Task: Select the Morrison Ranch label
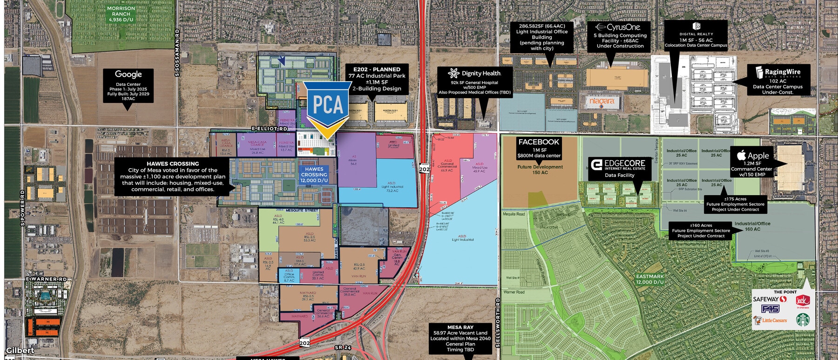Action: click(121, 14)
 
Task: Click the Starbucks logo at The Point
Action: click(802, 320)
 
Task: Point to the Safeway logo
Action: click(766, 299)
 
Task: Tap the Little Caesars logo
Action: click(770, 320)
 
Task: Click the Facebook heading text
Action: click(539, 142)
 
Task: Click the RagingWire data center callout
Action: click(778, 80)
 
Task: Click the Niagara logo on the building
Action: click(602, 101)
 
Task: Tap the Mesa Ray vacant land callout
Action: click(460, 338)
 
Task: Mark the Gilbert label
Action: click(20, 350)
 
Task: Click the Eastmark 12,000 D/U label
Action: click(649, 279)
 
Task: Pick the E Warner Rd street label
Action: click(47, 279)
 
